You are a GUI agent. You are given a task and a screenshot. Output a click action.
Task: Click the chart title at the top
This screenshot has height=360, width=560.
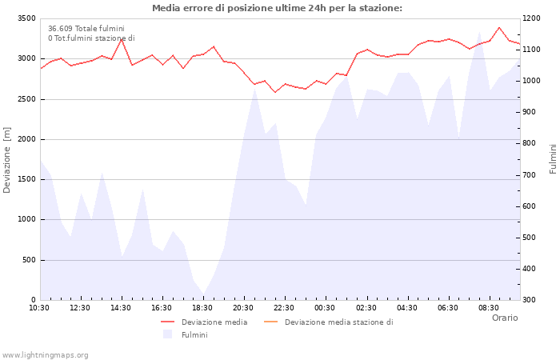point(277,8)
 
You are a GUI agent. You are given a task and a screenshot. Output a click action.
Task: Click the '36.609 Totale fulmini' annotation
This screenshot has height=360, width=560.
point(86,29)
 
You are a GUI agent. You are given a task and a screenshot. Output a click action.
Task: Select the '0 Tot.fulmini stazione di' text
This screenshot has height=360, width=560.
point(91,38)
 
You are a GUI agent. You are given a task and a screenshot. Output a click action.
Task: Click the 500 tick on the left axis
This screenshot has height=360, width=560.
point(28,260)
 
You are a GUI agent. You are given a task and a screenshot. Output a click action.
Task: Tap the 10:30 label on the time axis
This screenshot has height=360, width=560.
point(39,308)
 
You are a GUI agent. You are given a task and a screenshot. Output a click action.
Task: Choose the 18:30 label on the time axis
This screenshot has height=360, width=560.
point(202,308)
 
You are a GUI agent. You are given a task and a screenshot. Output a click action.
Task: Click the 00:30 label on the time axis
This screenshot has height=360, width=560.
point(325,308)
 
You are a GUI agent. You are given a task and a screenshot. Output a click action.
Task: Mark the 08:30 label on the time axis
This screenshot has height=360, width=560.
point(488,308)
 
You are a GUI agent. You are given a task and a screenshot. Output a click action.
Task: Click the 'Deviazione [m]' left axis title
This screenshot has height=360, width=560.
point(7,159)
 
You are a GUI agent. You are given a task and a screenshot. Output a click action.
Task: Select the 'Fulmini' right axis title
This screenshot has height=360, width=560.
point(553,159)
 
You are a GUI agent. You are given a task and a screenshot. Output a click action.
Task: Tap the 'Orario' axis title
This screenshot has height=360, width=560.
point(504,318)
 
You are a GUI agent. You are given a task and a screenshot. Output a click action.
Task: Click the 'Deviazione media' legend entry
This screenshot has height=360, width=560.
point(214,322)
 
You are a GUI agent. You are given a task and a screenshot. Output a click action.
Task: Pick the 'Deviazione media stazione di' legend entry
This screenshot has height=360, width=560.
point(338,322)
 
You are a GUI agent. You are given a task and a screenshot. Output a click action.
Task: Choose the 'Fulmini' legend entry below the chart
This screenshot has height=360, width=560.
point(194,335)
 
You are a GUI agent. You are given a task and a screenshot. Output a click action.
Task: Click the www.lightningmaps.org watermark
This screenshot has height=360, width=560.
point(46,354)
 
